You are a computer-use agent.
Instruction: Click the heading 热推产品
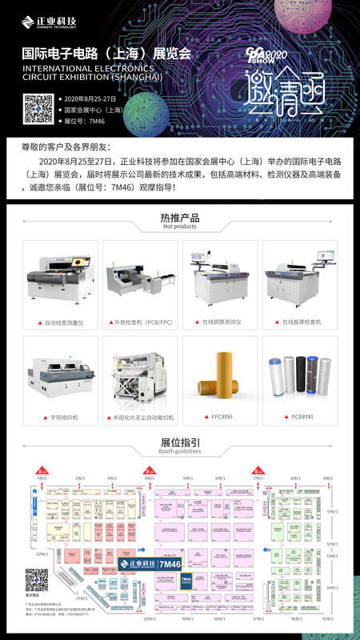pos(180,218)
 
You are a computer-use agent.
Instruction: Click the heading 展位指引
pos(180,442)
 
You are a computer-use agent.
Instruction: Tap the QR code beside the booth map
pos(36,579)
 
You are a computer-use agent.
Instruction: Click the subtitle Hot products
pos(180,227)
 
